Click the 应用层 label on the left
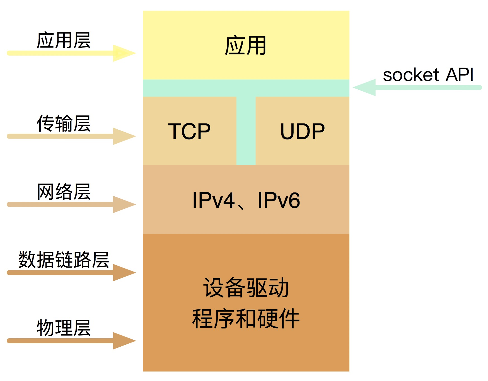[64, 41]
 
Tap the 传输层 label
[64, 123]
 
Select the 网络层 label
[64, 192]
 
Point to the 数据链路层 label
[64, 260]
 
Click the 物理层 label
[64, 328]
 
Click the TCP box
[189, 131]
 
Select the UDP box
[302, 131]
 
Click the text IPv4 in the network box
[214, 200]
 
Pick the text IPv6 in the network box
[279, 200]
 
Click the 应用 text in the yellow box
[246, 46]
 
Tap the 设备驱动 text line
[246, 288]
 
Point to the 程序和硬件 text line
[246, 319]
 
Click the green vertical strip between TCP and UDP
[246, 131]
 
